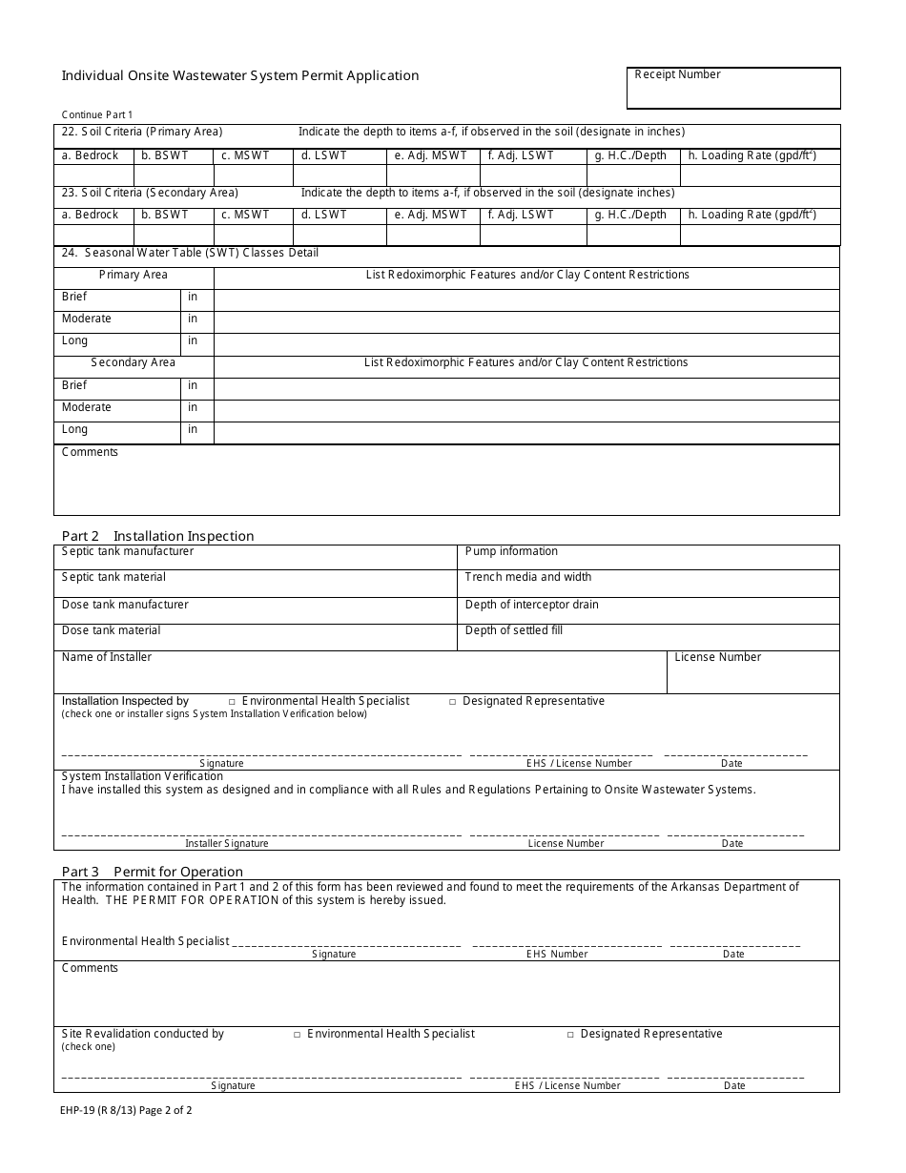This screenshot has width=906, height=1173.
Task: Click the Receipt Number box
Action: click(733, 88)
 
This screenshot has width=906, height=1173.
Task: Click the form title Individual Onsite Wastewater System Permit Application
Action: click(240, 76)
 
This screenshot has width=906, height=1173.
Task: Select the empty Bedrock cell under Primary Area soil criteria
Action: click(93, 175)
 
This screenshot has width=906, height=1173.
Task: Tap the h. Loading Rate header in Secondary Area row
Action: click(752, 216)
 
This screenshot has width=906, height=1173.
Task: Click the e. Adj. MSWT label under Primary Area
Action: click(431, 156)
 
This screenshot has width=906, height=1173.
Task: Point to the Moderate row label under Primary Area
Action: click(87, 319)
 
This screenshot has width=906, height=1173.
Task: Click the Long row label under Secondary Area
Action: click(75, 430)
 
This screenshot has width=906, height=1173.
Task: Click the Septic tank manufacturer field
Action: click(256, 557)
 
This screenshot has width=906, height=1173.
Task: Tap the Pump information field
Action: click(649, 557)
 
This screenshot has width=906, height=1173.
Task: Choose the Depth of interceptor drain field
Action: click(649, 610)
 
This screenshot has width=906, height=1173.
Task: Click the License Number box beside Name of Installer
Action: click(752, 672)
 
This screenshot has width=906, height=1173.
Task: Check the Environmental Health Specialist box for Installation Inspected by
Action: click(234, 702)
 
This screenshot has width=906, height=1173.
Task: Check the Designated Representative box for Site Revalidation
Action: click(571, 1035)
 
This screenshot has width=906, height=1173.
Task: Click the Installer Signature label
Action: click(227, 843)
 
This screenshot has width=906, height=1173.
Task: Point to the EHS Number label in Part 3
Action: click(557, 954)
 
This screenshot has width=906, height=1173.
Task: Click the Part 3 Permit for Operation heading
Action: click(153, 872)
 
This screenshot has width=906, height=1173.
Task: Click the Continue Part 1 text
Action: click(98, 114)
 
